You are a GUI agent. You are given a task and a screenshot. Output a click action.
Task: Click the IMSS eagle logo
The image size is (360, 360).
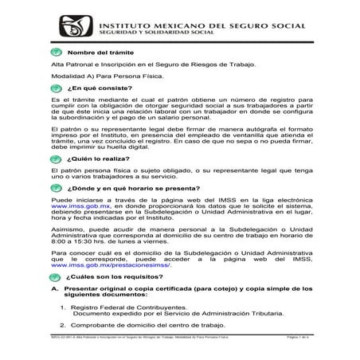pos(70,29)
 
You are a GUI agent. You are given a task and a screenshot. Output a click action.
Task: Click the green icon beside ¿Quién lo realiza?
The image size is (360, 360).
pos(56,158)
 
